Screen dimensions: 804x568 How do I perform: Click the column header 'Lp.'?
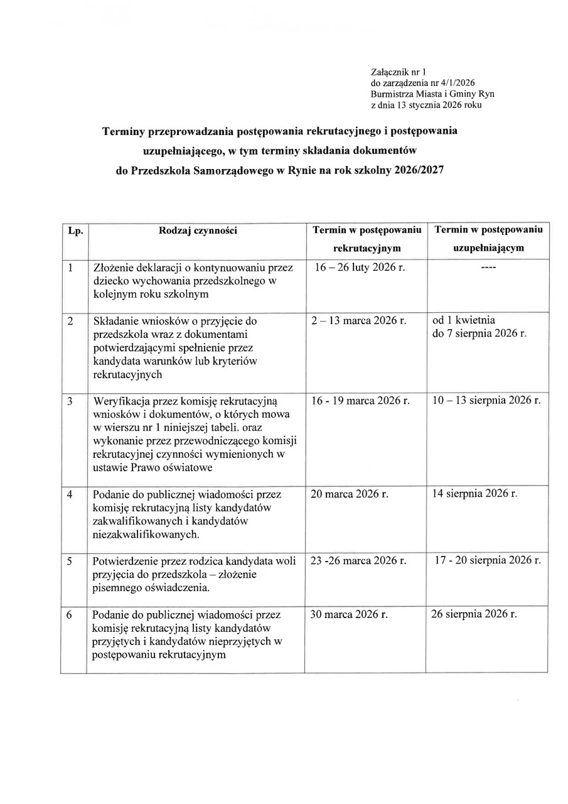pyautogui.click(x=75, y=231)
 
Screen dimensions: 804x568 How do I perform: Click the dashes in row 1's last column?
pyautogui.click(x=487, y=268)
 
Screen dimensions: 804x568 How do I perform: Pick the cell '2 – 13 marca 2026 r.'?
pyautogui.click(x=359, y=321)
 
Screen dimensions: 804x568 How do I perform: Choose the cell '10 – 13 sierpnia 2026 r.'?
pyautogui.click(x=486, y=401)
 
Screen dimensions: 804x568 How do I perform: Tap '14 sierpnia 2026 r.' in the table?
pyautogui.click(x=474, y=494)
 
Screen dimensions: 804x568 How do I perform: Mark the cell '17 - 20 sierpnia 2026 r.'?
pyautogui.click(x=488, y=560)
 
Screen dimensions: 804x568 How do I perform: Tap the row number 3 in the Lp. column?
pyautogui.click(x=71, y=401)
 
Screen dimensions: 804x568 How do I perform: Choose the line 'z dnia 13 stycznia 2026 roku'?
pyautogui.click(x=426, y=105)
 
